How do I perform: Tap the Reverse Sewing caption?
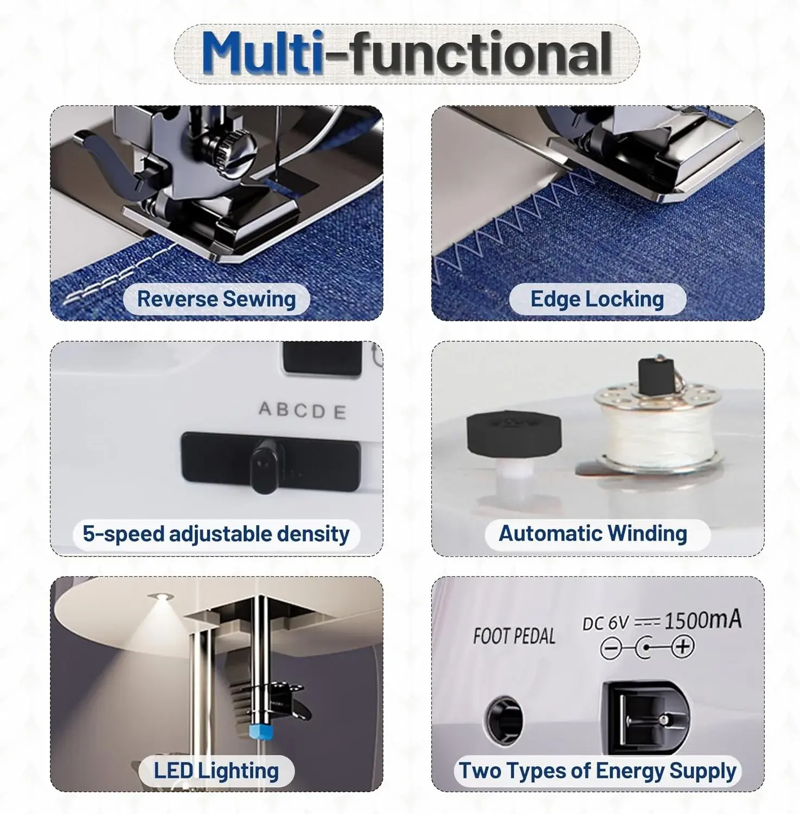216,299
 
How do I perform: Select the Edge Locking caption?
597,299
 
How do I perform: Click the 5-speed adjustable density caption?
216,534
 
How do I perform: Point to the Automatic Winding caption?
593,533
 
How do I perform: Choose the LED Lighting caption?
216,771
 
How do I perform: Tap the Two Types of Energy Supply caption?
598,771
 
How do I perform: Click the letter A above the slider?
266,408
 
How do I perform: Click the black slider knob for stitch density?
265,466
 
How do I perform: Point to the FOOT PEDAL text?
514,636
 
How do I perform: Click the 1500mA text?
702,619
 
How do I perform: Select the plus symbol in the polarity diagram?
683,646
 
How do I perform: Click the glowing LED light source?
161,597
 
